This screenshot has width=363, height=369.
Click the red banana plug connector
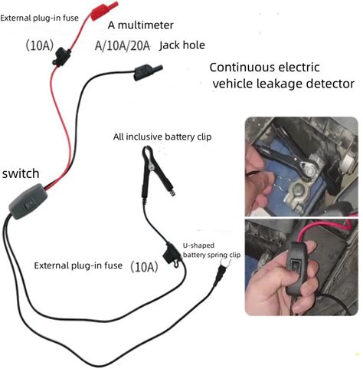click(x=104, y=11)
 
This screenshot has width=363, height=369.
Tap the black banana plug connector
click(x=148, y=71)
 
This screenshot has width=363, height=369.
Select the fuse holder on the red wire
click(x=61, y=57)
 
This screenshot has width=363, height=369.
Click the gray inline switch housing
click(x=28, y=202)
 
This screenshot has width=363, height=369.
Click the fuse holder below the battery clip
click(x=172, y=255)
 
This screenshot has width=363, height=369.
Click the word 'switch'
click(x=21, y=173)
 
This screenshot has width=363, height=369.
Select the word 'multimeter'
click(x=146, y=25)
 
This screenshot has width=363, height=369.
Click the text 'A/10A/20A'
click(x=123, y=46)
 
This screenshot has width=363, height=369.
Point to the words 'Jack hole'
click(x=182, y=45)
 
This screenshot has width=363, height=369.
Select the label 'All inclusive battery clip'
click(x=162, y=137)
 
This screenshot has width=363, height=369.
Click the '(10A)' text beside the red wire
click(x=40, y=45)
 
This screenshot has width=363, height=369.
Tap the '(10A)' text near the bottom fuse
click(x=144, y=267)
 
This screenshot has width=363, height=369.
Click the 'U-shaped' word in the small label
click(x=198, y=245)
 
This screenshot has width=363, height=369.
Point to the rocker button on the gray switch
click(x=28, y=205)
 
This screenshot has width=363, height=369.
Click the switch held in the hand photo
click(x=296, y=269)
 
